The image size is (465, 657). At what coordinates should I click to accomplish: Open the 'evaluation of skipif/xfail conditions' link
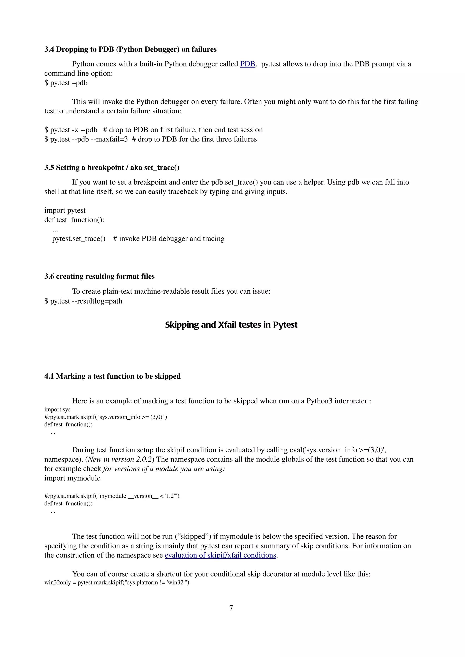coord(220,555)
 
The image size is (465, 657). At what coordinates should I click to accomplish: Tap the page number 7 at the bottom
coord(231,608)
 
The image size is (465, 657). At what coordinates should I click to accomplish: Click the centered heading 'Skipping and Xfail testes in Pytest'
coord(231,325)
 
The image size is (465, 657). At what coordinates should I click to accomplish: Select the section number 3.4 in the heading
coord(49,49)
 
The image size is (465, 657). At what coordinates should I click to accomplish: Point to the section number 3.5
coord(49,168)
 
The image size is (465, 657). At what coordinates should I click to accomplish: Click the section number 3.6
coord(49,276)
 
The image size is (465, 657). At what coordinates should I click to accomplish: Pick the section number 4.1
coord(49,376)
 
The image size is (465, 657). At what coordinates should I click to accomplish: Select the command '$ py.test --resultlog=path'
coord(83,301)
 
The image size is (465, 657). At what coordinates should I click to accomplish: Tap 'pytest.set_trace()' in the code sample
coord(79,239)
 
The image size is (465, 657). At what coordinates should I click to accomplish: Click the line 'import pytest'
coord(65,211)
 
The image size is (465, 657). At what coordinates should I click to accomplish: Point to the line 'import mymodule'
coord(72,478)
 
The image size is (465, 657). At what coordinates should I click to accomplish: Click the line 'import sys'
coord(57,409)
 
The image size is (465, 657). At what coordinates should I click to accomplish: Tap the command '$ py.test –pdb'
coord(66,83)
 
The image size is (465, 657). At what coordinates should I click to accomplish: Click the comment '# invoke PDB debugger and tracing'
coord(169,239)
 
